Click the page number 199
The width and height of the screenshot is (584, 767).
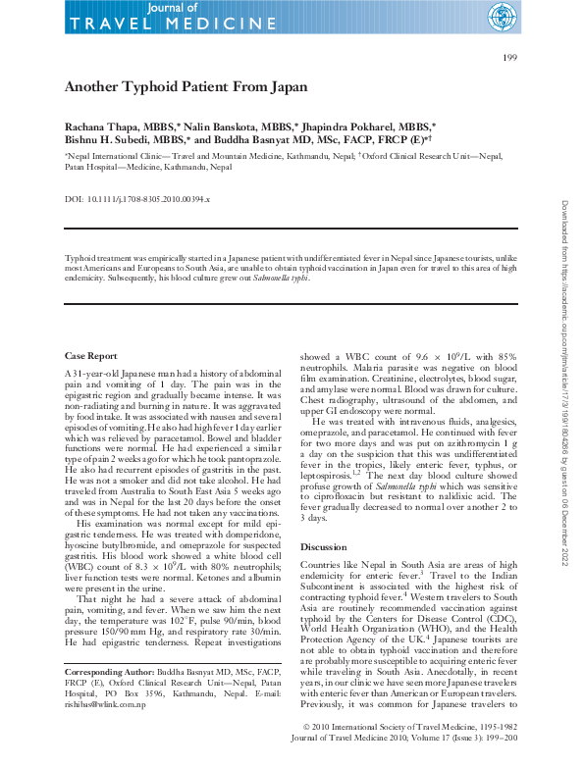tap(509, 59)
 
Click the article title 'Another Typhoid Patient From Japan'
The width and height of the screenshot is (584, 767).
tap(186, 87)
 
